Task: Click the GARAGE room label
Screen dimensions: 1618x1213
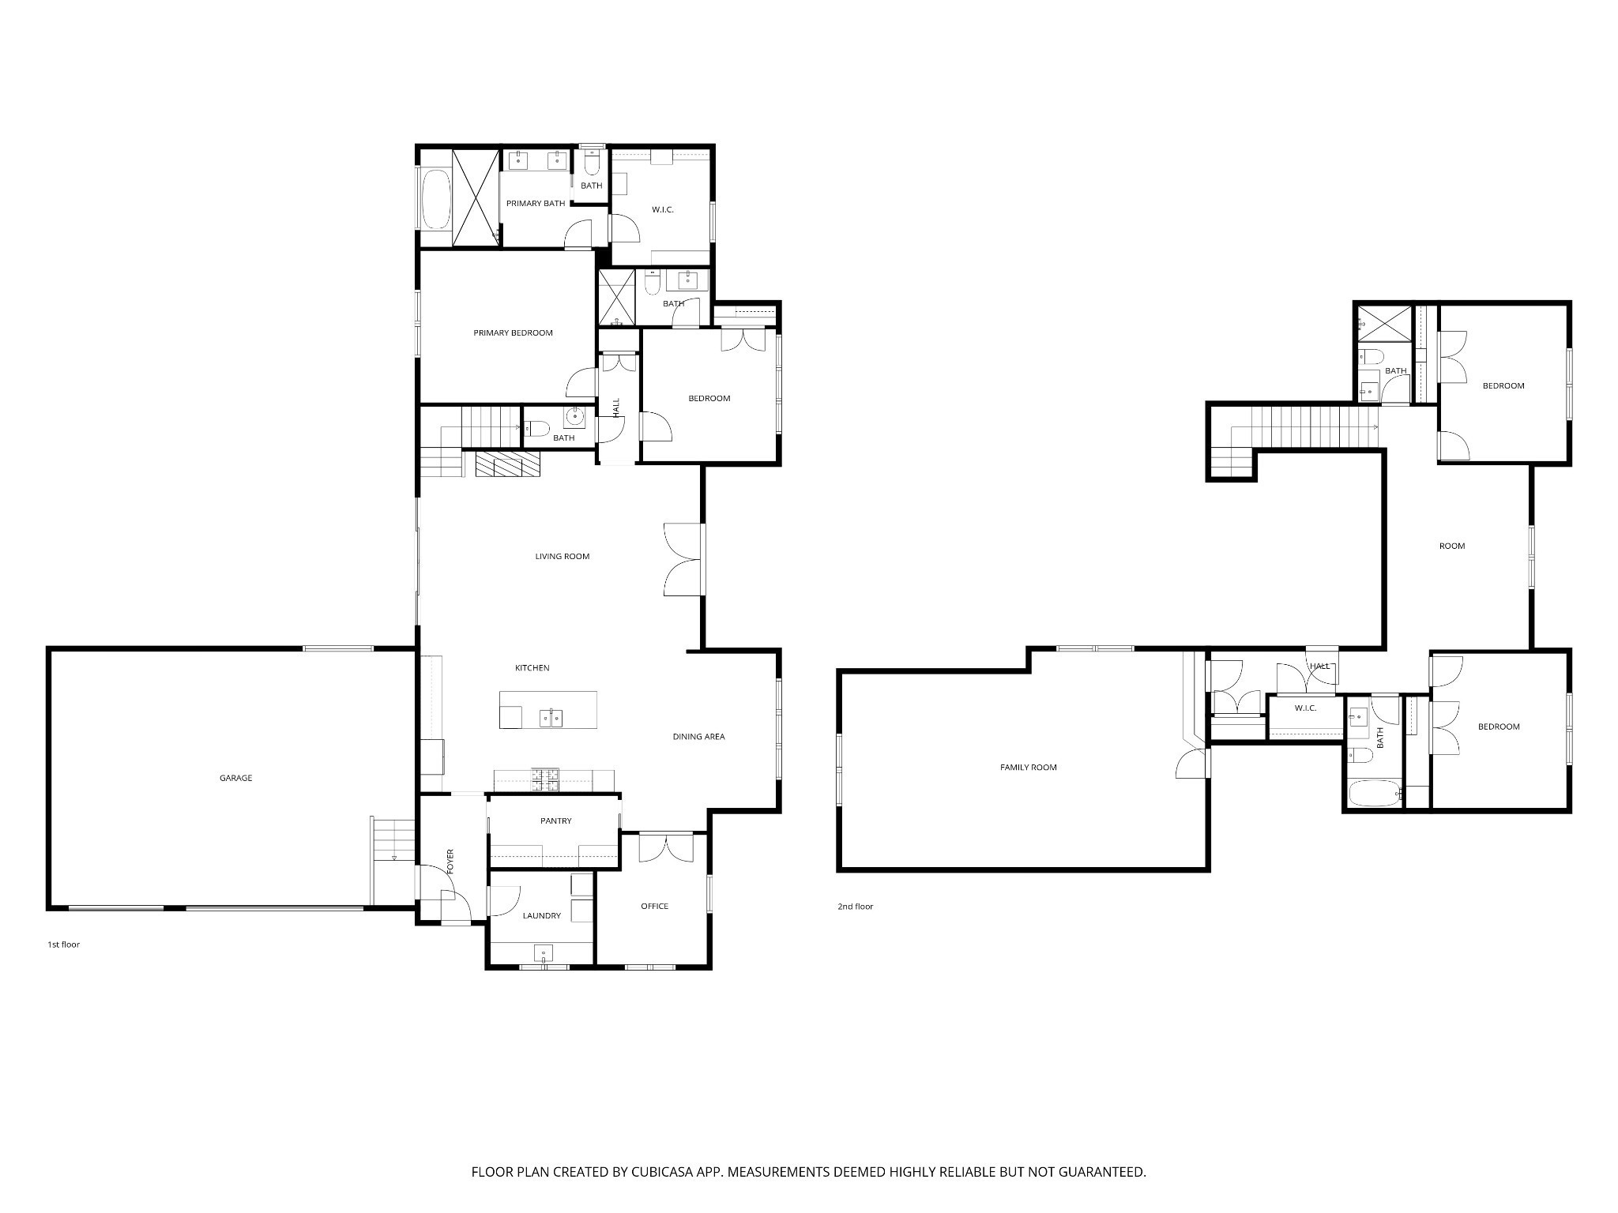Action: point(235,778)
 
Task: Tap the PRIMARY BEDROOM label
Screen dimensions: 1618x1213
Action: point(513,332)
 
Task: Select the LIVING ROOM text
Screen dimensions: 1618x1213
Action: point(563,556)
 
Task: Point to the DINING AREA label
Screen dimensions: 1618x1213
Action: point(698,737)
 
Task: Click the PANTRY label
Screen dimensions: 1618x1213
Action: point(555,821)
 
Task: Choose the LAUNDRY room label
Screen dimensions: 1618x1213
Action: point(541,916)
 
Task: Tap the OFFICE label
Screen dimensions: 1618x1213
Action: point(654,907)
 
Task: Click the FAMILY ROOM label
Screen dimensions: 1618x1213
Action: point(1028,768)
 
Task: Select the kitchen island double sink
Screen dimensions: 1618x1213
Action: point(551,717)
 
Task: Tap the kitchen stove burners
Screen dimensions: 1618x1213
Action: point(545,779)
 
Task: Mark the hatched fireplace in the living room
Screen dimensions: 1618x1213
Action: point(507,464)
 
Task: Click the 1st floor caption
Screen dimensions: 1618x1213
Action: point(64,944)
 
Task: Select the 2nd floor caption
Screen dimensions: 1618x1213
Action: point(856,907)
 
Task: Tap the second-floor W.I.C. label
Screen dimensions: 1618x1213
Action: point(1305,708)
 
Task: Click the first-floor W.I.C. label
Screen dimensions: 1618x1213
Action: point(663,209)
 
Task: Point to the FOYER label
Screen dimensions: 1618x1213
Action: point(451,861)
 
